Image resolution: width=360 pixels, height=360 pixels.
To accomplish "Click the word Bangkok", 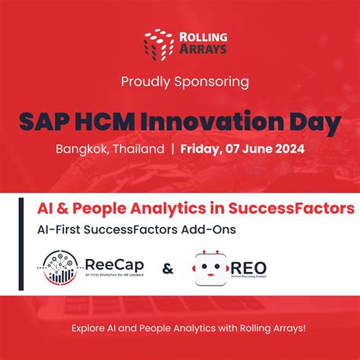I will (81, 149).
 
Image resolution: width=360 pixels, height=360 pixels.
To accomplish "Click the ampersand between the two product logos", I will (168, 269).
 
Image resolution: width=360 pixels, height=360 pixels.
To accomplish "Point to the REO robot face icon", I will (213, 268).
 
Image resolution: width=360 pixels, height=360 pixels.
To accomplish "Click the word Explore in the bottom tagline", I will (91, 329).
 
